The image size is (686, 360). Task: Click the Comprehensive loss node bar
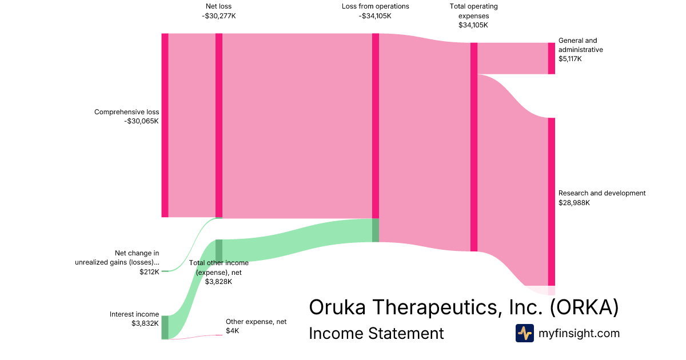[x=165, y=125]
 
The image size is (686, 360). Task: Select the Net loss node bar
[x=219, y=125]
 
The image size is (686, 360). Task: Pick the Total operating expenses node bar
[x=474, y=147]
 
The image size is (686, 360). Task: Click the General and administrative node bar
[x=552, y=58]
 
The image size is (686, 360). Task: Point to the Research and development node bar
[x=552, y=201]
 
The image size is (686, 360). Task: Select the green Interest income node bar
[x=165, y=327]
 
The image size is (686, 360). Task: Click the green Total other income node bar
[x=219, y=251]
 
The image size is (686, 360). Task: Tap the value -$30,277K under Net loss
[x=218, y=16]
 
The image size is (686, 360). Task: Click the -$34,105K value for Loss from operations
[x=375, y=16]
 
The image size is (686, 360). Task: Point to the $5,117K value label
[x=570, y=59]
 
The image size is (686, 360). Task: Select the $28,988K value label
[x=574, y=202]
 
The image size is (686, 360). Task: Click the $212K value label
[x=149, y=272]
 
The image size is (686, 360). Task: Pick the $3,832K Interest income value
[x=145, y=323]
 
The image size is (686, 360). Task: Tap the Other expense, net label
[x=256, y=322]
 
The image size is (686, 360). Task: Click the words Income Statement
[x=376, y=333]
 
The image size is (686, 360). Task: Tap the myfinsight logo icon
[x=524, y=333]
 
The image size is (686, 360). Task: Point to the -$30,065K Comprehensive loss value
[x=141, y=121]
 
